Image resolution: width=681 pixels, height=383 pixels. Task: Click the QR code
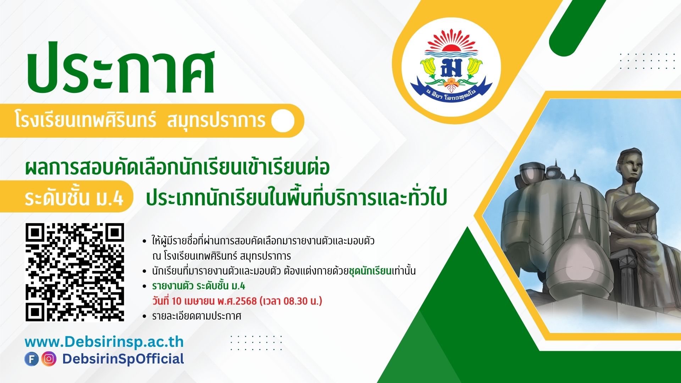75,272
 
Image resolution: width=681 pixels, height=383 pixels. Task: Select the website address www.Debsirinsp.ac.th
104,342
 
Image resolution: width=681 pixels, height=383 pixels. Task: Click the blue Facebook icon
32,359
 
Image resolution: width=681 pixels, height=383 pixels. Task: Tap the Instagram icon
49,359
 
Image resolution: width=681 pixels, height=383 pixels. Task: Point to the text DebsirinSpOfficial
123,359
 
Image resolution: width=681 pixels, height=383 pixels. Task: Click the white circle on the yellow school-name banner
283,121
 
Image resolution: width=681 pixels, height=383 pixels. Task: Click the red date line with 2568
237,301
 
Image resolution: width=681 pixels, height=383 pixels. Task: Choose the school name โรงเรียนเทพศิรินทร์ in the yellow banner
85,120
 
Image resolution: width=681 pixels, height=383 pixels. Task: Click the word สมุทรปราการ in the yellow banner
216,120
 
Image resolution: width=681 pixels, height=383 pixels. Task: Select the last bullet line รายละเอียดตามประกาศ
196,316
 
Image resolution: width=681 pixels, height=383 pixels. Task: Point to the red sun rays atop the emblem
451,40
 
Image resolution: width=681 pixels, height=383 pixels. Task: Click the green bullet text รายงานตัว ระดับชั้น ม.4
199,286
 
